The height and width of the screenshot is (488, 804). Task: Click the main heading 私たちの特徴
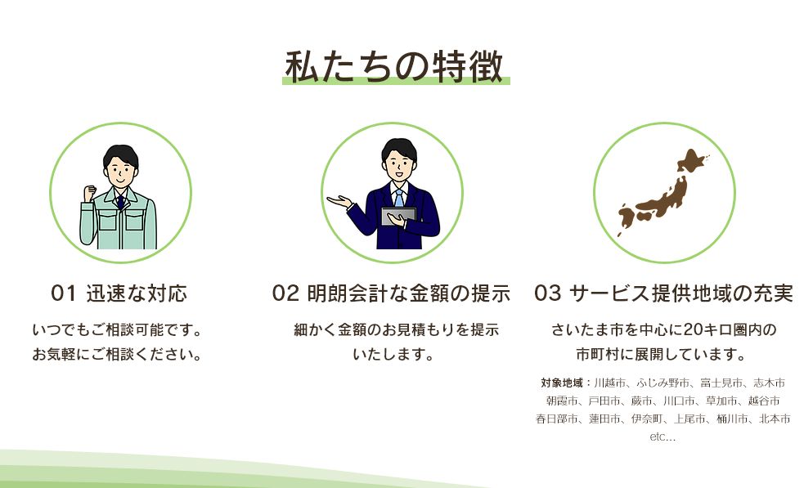click(x=394, y=66)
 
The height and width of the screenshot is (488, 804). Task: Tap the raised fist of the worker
click(x=90, y=194)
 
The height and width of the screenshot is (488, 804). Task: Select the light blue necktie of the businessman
click(x=398, y=199)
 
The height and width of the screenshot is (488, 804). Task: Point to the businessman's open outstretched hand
click(x=339, y=201)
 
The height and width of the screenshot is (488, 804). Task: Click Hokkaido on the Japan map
click(x=692, y=162)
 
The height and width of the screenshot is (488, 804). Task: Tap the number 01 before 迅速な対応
click(x=64, y=293)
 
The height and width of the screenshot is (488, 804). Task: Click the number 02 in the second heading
click(x=285, y=293)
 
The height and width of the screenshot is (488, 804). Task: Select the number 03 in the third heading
click(x=548, y=293)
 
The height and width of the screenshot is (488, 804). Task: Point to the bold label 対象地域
click(x=561, y=383)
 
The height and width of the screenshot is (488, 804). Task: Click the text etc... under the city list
click(x=663, y=437)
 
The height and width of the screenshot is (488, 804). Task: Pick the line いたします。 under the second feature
click(x=393, y=354)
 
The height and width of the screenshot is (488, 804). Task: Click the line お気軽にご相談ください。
click(x=117, y=354)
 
